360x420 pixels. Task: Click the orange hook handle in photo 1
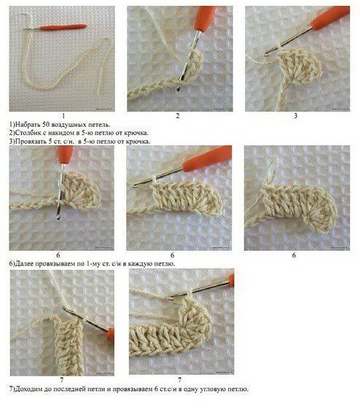[x=63, y=26]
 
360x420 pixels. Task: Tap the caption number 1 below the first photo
[x=63, y=116]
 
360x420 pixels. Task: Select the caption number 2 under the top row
[x=178, y=116]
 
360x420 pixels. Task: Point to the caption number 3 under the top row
[x=295, y=116]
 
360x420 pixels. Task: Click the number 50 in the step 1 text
[x=46, y=125]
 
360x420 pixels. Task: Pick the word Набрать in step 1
[x=28, y=125]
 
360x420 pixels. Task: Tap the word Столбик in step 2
[x=28, y=133]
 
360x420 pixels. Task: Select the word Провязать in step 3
[x=31, y=141]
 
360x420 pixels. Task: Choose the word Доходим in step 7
[x=28, y=389]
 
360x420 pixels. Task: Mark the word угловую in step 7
[x=212, y=389]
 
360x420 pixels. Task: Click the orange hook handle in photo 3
[x=329, y=17]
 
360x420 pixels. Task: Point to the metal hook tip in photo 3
[x=266, y=55]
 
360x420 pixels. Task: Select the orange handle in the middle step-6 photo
[x=207, y=159]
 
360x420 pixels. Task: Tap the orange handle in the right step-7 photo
[x=231, y=279]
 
